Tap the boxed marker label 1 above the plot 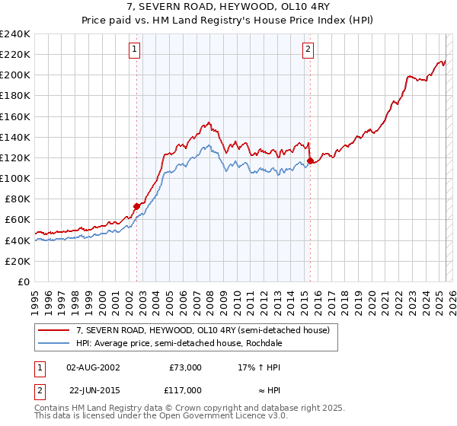pos(135,50)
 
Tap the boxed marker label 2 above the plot pos(308,50)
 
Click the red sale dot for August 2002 pos(136,205)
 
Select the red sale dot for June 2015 pos(311,161)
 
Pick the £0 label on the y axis pos(24,281)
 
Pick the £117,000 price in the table pos(185,389)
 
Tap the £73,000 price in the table pos(185,367)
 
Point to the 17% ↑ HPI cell pos(260,367)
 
